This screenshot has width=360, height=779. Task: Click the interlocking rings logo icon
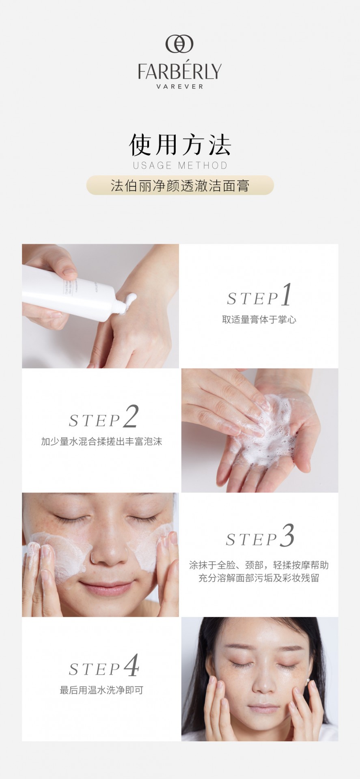click(179, 44)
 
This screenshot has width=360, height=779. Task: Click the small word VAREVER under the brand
click(180, 86)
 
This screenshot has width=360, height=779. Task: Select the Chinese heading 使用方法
click(180, 145)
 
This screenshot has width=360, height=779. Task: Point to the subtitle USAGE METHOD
click(180, 165)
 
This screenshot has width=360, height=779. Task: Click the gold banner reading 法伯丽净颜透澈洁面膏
click(180, 185)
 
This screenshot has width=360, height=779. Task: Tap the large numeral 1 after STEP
click(287, 295)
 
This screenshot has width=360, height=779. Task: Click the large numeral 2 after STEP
click(131, 416)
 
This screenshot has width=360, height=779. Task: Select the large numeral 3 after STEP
click(287, 536)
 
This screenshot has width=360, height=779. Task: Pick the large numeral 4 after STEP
click(131, 665)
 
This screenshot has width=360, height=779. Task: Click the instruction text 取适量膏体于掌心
click(259, 320)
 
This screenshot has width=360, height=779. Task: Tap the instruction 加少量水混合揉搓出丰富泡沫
click(101, 441)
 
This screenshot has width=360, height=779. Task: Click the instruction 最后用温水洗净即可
click(101, 690)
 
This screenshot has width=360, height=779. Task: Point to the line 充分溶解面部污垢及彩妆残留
click(259, 578)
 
